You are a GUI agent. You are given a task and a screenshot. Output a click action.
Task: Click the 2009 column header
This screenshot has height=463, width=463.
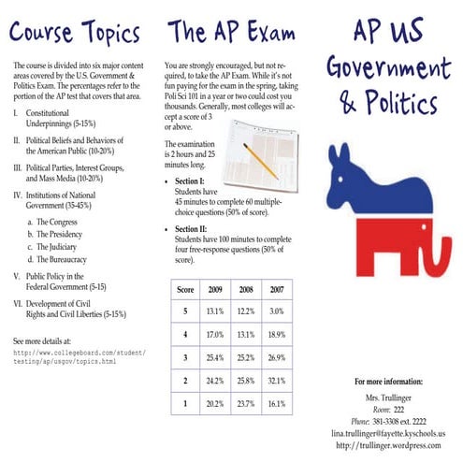point(215,288)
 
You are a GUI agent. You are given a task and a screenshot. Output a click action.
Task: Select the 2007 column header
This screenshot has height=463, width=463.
point(277,288)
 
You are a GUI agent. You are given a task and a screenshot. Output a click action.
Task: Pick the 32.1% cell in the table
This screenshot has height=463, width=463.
point(277,381)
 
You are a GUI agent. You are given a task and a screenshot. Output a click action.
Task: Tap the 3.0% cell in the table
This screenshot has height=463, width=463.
point(277,311)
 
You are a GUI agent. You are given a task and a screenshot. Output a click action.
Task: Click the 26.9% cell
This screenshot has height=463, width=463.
point(277,357)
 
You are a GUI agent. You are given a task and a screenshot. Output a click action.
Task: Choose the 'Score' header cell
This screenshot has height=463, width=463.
point(185,288)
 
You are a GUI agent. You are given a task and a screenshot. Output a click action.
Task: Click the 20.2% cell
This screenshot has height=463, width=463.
point(215,403)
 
